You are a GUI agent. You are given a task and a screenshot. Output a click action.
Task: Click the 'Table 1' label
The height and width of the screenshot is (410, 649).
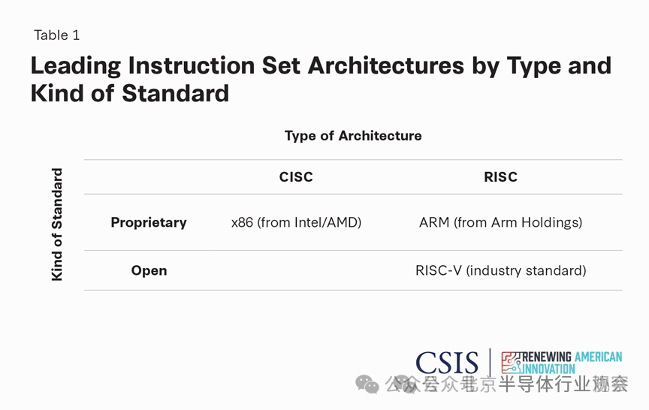click(56, 35)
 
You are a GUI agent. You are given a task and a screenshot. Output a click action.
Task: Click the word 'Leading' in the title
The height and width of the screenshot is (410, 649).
click(75, 66)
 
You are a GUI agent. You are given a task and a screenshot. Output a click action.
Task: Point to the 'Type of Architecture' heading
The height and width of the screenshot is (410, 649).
click(353, 136)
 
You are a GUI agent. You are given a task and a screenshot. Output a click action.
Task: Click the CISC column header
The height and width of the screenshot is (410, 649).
click(296, 177)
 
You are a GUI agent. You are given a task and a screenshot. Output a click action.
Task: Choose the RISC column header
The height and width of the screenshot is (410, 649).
click(500, 177)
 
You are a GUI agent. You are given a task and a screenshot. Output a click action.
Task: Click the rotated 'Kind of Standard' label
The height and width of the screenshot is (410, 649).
click(57, 225)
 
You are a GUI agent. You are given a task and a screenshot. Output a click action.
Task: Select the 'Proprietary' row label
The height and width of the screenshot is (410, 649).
click(149, 222)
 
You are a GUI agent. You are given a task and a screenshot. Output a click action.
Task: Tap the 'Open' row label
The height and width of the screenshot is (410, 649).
click(149, 270)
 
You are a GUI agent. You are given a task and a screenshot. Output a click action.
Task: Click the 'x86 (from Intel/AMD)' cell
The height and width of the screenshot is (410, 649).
click(296, 222)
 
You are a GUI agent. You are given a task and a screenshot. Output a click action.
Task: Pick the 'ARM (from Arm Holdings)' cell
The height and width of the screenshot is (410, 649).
click(500, 222)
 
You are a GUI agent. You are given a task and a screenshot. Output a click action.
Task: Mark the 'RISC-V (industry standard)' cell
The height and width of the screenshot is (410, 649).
click(500, 270)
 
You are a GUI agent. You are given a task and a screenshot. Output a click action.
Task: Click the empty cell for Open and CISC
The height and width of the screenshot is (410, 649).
click(296, 270)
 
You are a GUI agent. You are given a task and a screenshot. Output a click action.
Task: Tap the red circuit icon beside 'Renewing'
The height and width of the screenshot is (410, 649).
click(512, 362)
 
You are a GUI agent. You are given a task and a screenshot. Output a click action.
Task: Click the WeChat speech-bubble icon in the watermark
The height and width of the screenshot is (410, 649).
click(368, 384)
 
